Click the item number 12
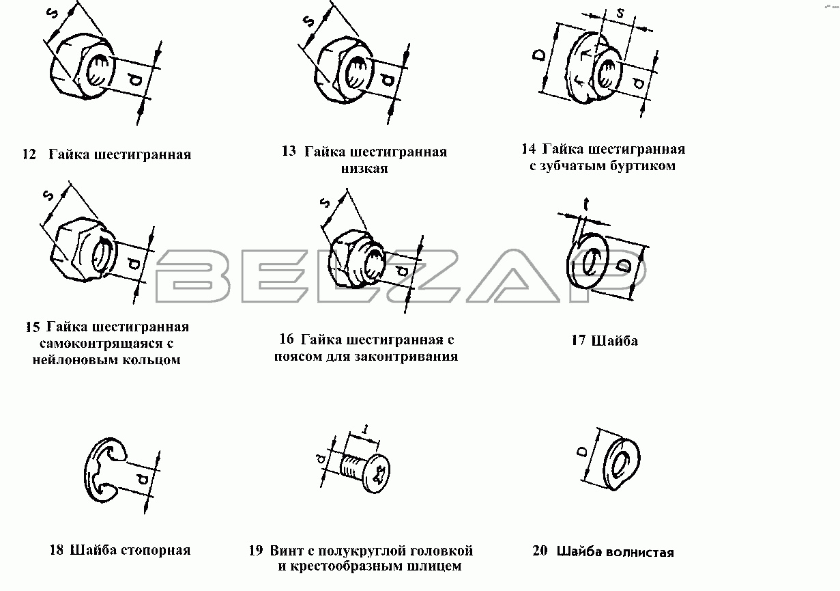coord(29,154)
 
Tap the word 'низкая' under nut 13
coord(364,169)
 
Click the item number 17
coord(578,340)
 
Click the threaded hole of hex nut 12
coord(99,70)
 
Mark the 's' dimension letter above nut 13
coord(309,20)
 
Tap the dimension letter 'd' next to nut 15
coord(134,264)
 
